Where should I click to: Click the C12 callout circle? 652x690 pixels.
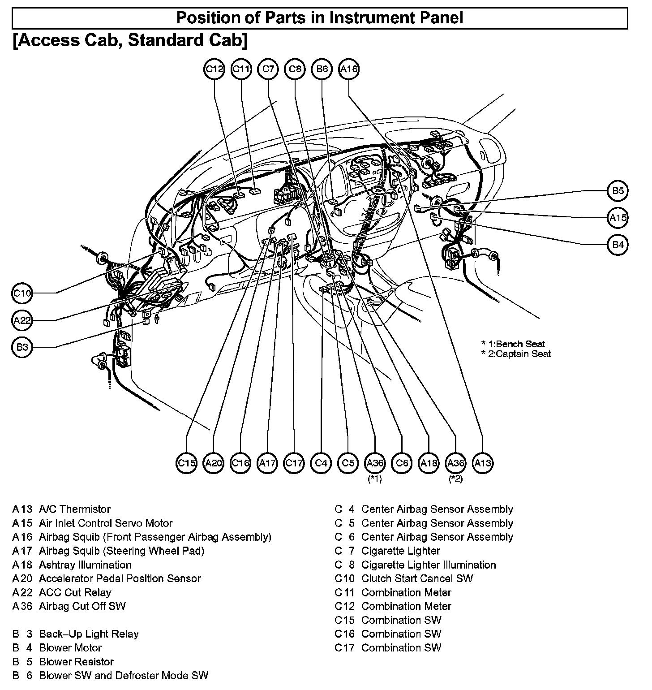point(214,69)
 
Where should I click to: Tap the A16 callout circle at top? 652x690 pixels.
point(349,69)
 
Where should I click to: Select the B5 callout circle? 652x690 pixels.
point(618,191)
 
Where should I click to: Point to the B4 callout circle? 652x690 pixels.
point(618,245)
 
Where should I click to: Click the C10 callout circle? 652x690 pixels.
point(22,293)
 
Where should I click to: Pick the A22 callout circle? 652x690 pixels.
point(22,320)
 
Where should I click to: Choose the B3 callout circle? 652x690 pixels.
point(22,347)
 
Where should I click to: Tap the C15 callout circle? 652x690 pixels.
point(187,463)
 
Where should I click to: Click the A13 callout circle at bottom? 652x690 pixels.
point(483,463)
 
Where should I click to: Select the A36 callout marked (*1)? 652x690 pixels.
point(375,463)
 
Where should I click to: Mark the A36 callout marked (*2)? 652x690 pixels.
point(456,463)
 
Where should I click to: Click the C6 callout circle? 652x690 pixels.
point(402,463)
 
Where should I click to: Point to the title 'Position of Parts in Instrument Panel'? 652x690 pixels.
point(320,18)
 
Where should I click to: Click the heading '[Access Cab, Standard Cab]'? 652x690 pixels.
point(130,40)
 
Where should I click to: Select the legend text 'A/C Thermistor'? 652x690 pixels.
point(75,509)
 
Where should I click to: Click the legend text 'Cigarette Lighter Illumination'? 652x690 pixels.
point(429,565)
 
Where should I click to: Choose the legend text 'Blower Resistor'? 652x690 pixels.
point(76,662)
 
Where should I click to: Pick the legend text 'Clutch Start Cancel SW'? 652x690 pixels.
point(417,579)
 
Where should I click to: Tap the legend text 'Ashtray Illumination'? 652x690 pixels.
point(85,565)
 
